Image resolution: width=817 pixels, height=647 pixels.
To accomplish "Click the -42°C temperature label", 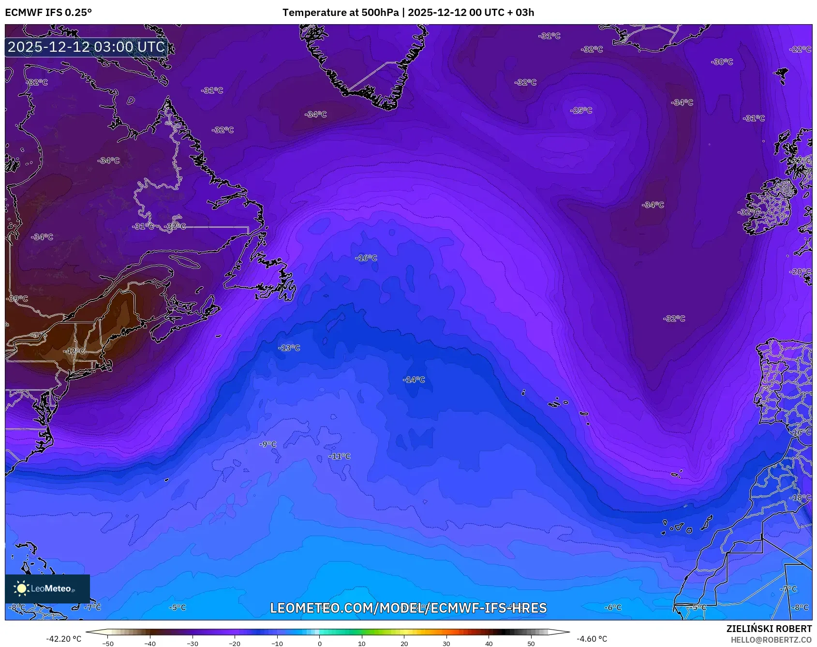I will (75, 351).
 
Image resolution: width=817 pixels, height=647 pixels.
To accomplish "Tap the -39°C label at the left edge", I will (17, 299).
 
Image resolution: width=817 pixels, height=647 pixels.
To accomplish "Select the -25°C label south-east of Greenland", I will (581, 111).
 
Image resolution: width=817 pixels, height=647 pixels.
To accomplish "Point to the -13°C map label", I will (289, 348).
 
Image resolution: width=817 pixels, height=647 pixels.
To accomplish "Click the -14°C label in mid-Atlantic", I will (414, 380).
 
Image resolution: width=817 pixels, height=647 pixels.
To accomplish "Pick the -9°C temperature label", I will (268, 444).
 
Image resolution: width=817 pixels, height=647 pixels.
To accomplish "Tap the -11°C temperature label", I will (340, 456).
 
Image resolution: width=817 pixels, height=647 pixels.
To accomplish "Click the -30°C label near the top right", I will (722, 62).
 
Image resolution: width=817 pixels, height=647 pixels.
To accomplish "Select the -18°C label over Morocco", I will (801, 498).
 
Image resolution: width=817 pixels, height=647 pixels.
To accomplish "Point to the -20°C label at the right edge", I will (801, 272).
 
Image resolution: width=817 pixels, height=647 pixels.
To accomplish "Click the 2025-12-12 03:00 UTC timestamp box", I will (87, 47).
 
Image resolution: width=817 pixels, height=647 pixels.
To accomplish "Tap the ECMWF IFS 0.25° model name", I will (48, 13).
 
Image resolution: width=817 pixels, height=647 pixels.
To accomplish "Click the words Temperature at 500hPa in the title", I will (341, 13).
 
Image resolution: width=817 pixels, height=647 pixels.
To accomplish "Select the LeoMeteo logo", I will (47, 588).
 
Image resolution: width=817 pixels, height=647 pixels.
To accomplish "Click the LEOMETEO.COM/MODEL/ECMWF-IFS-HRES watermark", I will (408, 608).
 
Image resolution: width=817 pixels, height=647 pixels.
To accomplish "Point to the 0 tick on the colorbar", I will (319, 644).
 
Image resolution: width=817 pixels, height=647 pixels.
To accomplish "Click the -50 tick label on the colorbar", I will (108, 644).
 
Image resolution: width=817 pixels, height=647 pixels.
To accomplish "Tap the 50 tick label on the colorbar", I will (531, 644).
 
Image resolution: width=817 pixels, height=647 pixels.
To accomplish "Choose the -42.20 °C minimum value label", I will (64, 639).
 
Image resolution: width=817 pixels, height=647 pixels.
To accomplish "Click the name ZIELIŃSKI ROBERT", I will (769, 629).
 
